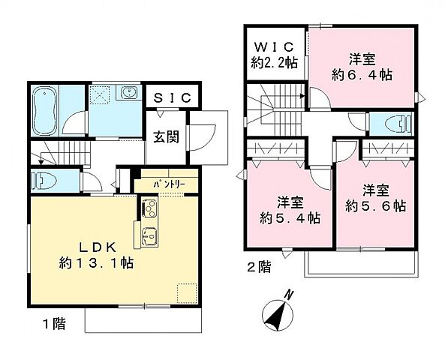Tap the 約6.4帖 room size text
pos(363,74)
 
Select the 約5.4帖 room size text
pos(288,217)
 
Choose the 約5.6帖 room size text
pos(376,205)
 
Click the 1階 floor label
pos(53,324)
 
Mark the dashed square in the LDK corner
pos(187,292)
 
